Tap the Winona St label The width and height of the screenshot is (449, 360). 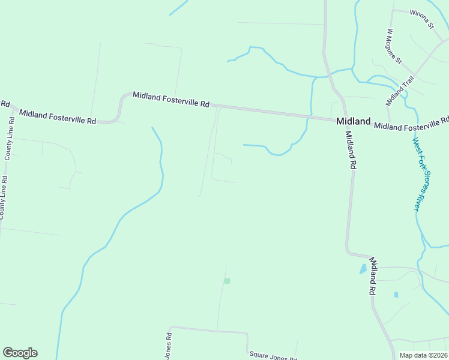[x=422, y=20]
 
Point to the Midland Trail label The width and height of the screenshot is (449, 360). [x=396, y=89]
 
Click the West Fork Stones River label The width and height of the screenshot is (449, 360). [x=415, y=174]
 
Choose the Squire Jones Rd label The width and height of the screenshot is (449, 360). [x=273, y=356]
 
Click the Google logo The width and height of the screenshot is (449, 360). [x=20, y=353]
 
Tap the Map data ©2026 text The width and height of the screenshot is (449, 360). [x=424, y=355]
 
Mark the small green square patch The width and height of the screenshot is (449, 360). [x=227, y=281]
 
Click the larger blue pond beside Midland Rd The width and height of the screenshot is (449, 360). [x=363, y=269]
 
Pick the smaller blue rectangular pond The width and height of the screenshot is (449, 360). [x=396, y=295]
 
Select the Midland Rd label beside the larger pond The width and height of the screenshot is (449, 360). [x=373, y=275]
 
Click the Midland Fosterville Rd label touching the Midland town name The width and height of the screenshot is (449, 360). [x=411, y=125]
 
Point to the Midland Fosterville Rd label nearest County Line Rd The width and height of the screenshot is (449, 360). [x=57, y=116]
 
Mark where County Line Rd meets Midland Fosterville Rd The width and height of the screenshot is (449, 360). [x=13, y=109]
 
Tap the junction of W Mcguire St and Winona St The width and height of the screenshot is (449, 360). [x=393, y=11]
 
